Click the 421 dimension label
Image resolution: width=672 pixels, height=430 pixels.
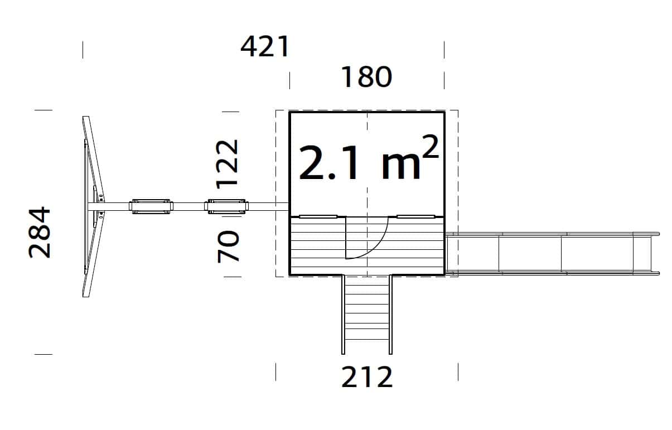[265, 47]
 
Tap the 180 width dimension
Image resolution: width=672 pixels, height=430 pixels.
[366, 78]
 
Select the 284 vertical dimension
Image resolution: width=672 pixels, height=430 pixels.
[40, 233]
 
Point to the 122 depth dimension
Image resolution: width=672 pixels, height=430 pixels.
[228, 163]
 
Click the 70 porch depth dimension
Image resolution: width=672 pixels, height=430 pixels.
[228, 247]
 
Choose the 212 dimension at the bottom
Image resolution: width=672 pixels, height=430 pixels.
[367, 378]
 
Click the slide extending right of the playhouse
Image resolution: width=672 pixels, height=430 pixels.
[552, 254]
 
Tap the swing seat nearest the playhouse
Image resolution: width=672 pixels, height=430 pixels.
[226, 207]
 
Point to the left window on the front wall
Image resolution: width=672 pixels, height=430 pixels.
[318, 216]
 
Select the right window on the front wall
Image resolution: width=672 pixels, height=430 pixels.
[415, 216]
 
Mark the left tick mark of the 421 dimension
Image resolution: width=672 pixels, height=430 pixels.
[83, 50]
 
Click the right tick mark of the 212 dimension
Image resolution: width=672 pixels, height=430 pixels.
[458, 371]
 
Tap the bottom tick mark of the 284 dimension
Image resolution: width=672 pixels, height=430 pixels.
[43, 354]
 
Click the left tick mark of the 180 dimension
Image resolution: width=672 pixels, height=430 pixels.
[289, 80]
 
